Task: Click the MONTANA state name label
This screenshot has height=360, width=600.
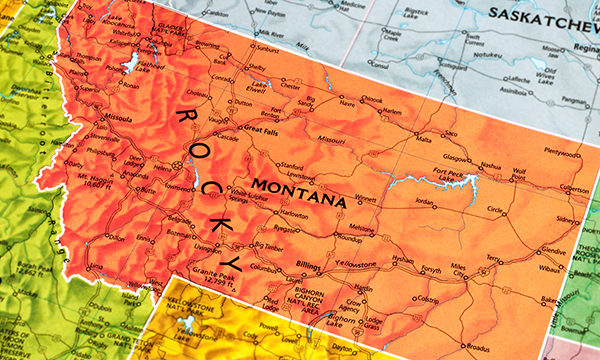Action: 299,193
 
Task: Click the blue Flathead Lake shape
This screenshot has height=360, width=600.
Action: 130,62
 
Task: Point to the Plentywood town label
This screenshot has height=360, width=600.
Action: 561,154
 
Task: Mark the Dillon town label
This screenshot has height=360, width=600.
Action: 116,238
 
